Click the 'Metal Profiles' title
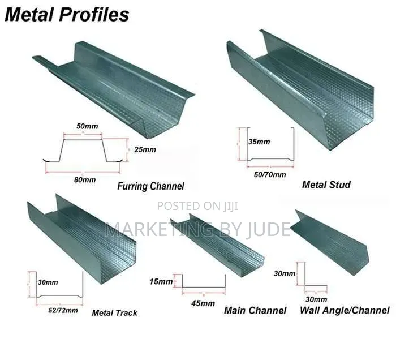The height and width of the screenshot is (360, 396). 67,15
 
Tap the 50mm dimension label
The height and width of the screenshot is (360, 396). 87,126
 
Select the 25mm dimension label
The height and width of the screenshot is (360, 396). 145,149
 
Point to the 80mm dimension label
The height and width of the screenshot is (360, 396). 85,180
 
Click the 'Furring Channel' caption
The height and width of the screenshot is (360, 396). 151,186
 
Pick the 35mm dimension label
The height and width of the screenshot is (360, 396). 259,142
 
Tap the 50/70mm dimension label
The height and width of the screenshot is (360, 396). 270,174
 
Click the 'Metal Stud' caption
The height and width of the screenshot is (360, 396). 326,185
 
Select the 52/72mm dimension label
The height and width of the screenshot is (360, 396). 63,310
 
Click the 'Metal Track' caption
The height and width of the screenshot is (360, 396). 115,313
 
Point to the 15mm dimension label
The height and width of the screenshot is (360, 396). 161,281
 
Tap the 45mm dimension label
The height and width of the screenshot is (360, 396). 203,303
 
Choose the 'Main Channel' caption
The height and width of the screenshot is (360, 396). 255,311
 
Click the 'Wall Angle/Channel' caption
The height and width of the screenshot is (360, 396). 345,310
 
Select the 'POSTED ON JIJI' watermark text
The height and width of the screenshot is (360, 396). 197,206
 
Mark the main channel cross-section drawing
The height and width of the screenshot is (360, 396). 204,288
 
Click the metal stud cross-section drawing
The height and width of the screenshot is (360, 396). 270,159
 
